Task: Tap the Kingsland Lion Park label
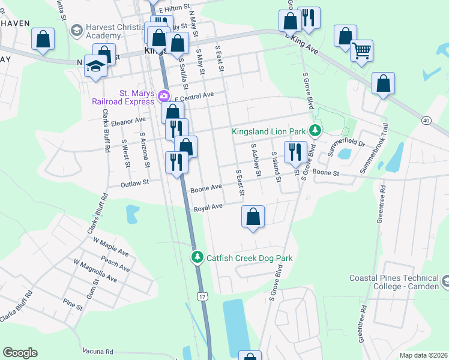269,131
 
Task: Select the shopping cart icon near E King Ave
361,51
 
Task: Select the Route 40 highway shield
426,121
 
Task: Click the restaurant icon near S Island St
295,151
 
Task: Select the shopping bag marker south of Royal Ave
253,217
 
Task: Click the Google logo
20,353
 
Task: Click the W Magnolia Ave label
95,271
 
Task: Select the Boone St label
327,173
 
